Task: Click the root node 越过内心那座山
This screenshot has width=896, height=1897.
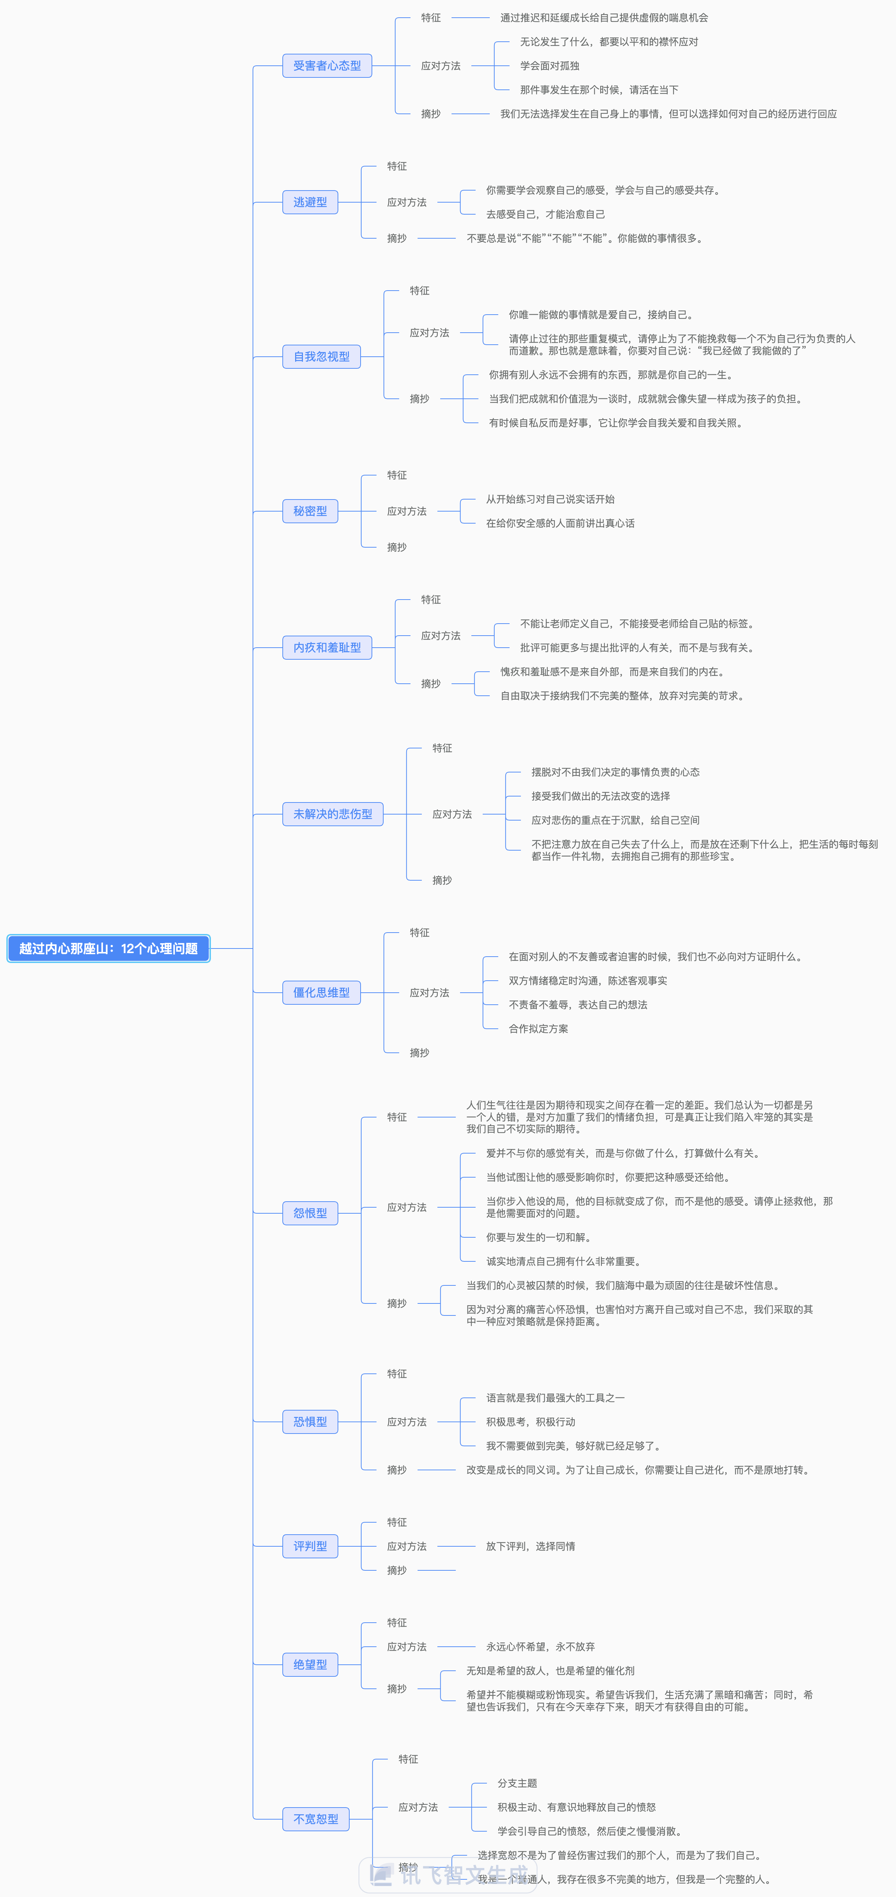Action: coord(108,949)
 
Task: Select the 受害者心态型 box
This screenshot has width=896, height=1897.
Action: coord(327,65)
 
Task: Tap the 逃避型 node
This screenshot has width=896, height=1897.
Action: coord(310,202)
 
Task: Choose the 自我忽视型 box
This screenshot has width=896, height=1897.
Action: coord(321,356)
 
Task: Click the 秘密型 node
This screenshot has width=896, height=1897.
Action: coord(310,511)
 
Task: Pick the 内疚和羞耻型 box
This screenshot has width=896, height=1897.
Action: coord(327,647)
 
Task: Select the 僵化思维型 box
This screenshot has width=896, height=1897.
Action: coord(321,993)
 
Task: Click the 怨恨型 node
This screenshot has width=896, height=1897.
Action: coord(310,1213)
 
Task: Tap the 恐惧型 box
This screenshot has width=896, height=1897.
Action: coord(310,1422)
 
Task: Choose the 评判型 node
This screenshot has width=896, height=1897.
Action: coord(310,1546)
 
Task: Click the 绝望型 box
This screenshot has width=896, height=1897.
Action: coord(310,1664)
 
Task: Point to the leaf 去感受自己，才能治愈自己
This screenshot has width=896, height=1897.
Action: coord(545,214)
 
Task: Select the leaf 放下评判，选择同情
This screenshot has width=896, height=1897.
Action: coord(530,1546)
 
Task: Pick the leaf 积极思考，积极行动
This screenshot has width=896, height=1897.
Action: coord(530,1422)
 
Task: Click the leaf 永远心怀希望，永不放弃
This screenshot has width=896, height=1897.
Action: coord(540,1647)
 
